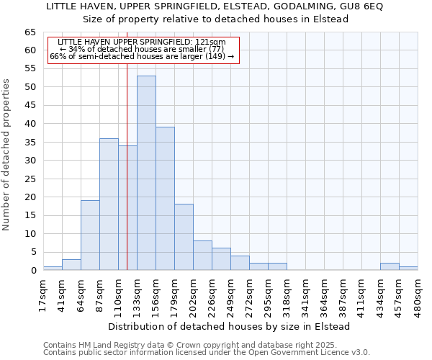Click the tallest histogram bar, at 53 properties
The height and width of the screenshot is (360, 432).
click(x=146, y=173)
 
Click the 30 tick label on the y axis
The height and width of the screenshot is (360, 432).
click(x=30, y=161)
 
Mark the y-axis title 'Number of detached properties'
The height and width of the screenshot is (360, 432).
click(x=6, y=155)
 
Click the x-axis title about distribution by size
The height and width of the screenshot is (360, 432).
click(x=230, y=326)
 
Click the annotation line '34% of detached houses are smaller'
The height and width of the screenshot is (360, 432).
click(x=141, y=49)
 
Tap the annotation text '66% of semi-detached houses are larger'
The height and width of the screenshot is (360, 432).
click(x=141, y=56)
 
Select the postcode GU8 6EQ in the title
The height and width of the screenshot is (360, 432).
click(x=363, y=6)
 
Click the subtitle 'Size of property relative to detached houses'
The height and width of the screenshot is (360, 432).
click(x=216, y=19)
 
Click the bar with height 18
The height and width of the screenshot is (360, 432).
click(x=184, y=237)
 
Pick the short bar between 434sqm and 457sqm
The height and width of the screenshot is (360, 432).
click(x=390, y=266)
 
